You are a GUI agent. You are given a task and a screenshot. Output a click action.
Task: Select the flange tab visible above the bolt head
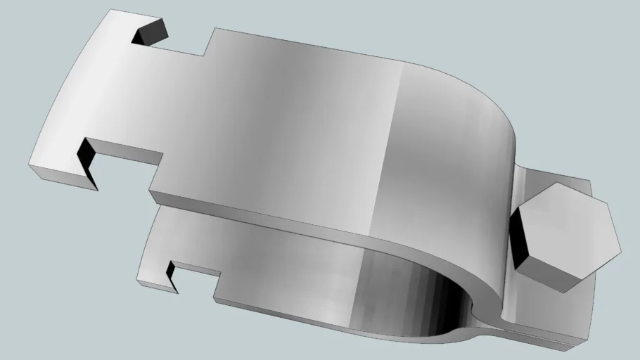point(556,181)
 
